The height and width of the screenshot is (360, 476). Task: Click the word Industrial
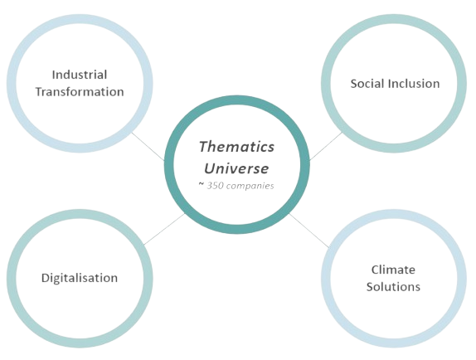pos(80,75)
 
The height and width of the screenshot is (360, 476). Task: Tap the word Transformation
pos(80,92)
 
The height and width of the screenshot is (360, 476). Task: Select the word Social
pos(367,84)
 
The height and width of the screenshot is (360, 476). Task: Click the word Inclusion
pos(414,84)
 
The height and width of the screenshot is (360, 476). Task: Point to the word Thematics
pos(236,146)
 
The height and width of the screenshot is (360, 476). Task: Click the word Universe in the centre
pos(236,168)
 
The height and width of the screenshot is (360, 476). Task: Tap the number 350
pos(215,186)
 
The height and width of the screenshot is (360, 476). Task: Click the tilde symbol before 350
pos(202,184)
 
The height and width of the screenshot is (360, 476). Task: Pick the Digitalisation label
pos(80,278)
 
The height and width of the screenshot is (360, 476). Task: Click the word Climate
pos(393,270)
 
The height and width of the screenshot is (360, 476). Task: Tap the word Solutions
pos(393,286)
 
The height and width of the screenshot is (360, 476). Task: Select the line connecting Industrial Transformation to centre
pos(148,146)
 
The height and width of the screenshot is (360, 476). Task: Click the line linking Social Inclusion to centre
pos(326,146)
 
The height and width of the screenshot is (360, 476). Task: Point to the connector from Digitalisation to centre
pos(164,229)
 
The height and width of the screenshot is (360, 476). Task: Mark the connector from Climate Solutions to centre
pos(309,231)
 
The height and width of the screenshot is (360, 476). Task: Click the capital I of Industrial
pos(54,75)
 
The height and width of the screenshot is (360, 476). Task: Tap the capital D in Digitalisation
pos(46,278)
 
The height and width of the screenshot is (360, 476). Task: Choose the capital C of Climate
pos(375,270)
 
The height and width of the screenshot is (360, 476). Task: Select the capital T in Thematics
pos(204,147)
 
